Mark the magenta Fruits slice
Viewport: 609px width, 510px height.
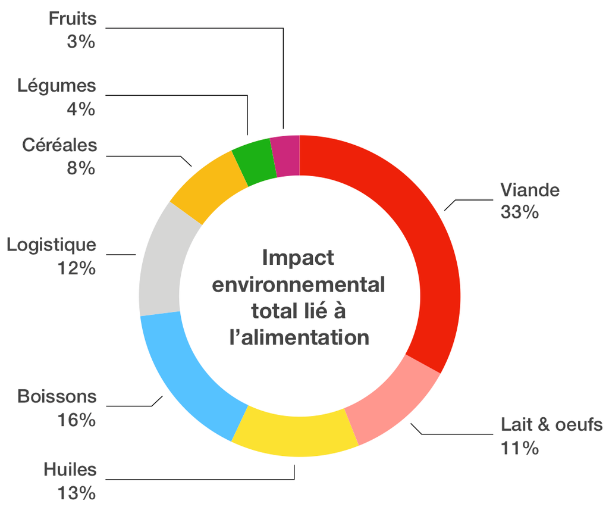click(x=285, y=156)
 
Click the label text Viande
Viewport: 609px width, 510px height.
click(x=530, y=190)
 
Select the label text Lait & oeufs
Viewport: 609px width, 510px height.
click(x=551, y=425)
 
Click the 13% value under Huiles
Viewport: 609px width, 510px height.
click(x=76, y=493)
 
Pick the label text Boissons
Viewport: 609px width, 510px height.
click(x=56, y=396)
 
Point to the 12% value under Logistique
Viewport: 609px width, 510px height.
click(x=76, y=268)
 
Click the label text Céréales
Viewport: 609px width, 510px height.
click(x=59, y=145)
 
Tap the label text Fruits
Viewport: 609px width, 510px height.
click(x=72, y=18)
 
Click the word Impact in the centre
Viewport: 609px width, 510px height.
click(x=298, y=258)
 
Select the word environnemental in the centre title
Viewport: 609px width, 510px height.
click(x=299, y=284)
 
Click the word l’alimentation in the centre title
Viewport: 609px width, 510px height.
click(x=299, y=337)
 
